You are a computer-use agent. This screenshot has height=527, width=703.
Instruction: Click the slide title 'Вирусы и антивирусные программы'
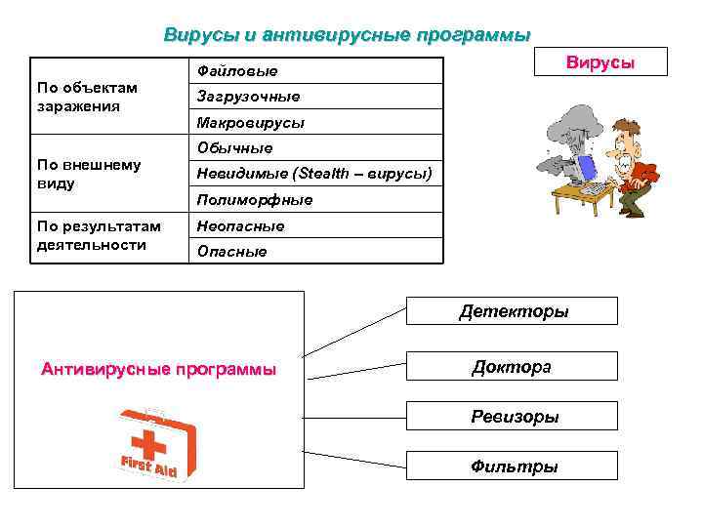click(347, 35)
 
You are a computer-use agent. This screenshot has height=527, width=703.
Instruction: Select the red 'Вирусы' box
click(600, 61)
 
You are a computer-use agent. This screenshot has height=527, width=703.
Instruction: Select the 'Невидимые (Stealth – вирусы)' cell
click(313, 174)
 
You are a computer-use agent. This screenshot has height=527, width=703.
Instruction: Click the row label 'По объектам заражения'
click(87, 97)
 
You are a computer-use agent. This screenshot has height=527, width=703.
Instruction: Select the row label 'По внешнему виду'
click(89, 174)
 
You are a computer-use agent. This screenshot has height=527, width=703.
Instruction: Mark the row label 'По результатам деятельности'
click(99, 235)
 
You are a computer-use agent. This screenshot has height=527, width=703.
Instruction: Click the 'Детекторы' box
click(514, 311)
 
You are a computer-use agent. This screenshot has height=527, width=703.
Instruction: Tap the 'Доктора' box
click(512, 366)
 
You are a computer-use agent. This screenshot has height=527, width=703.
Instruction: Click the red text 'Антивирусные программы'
click(159, 370)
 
